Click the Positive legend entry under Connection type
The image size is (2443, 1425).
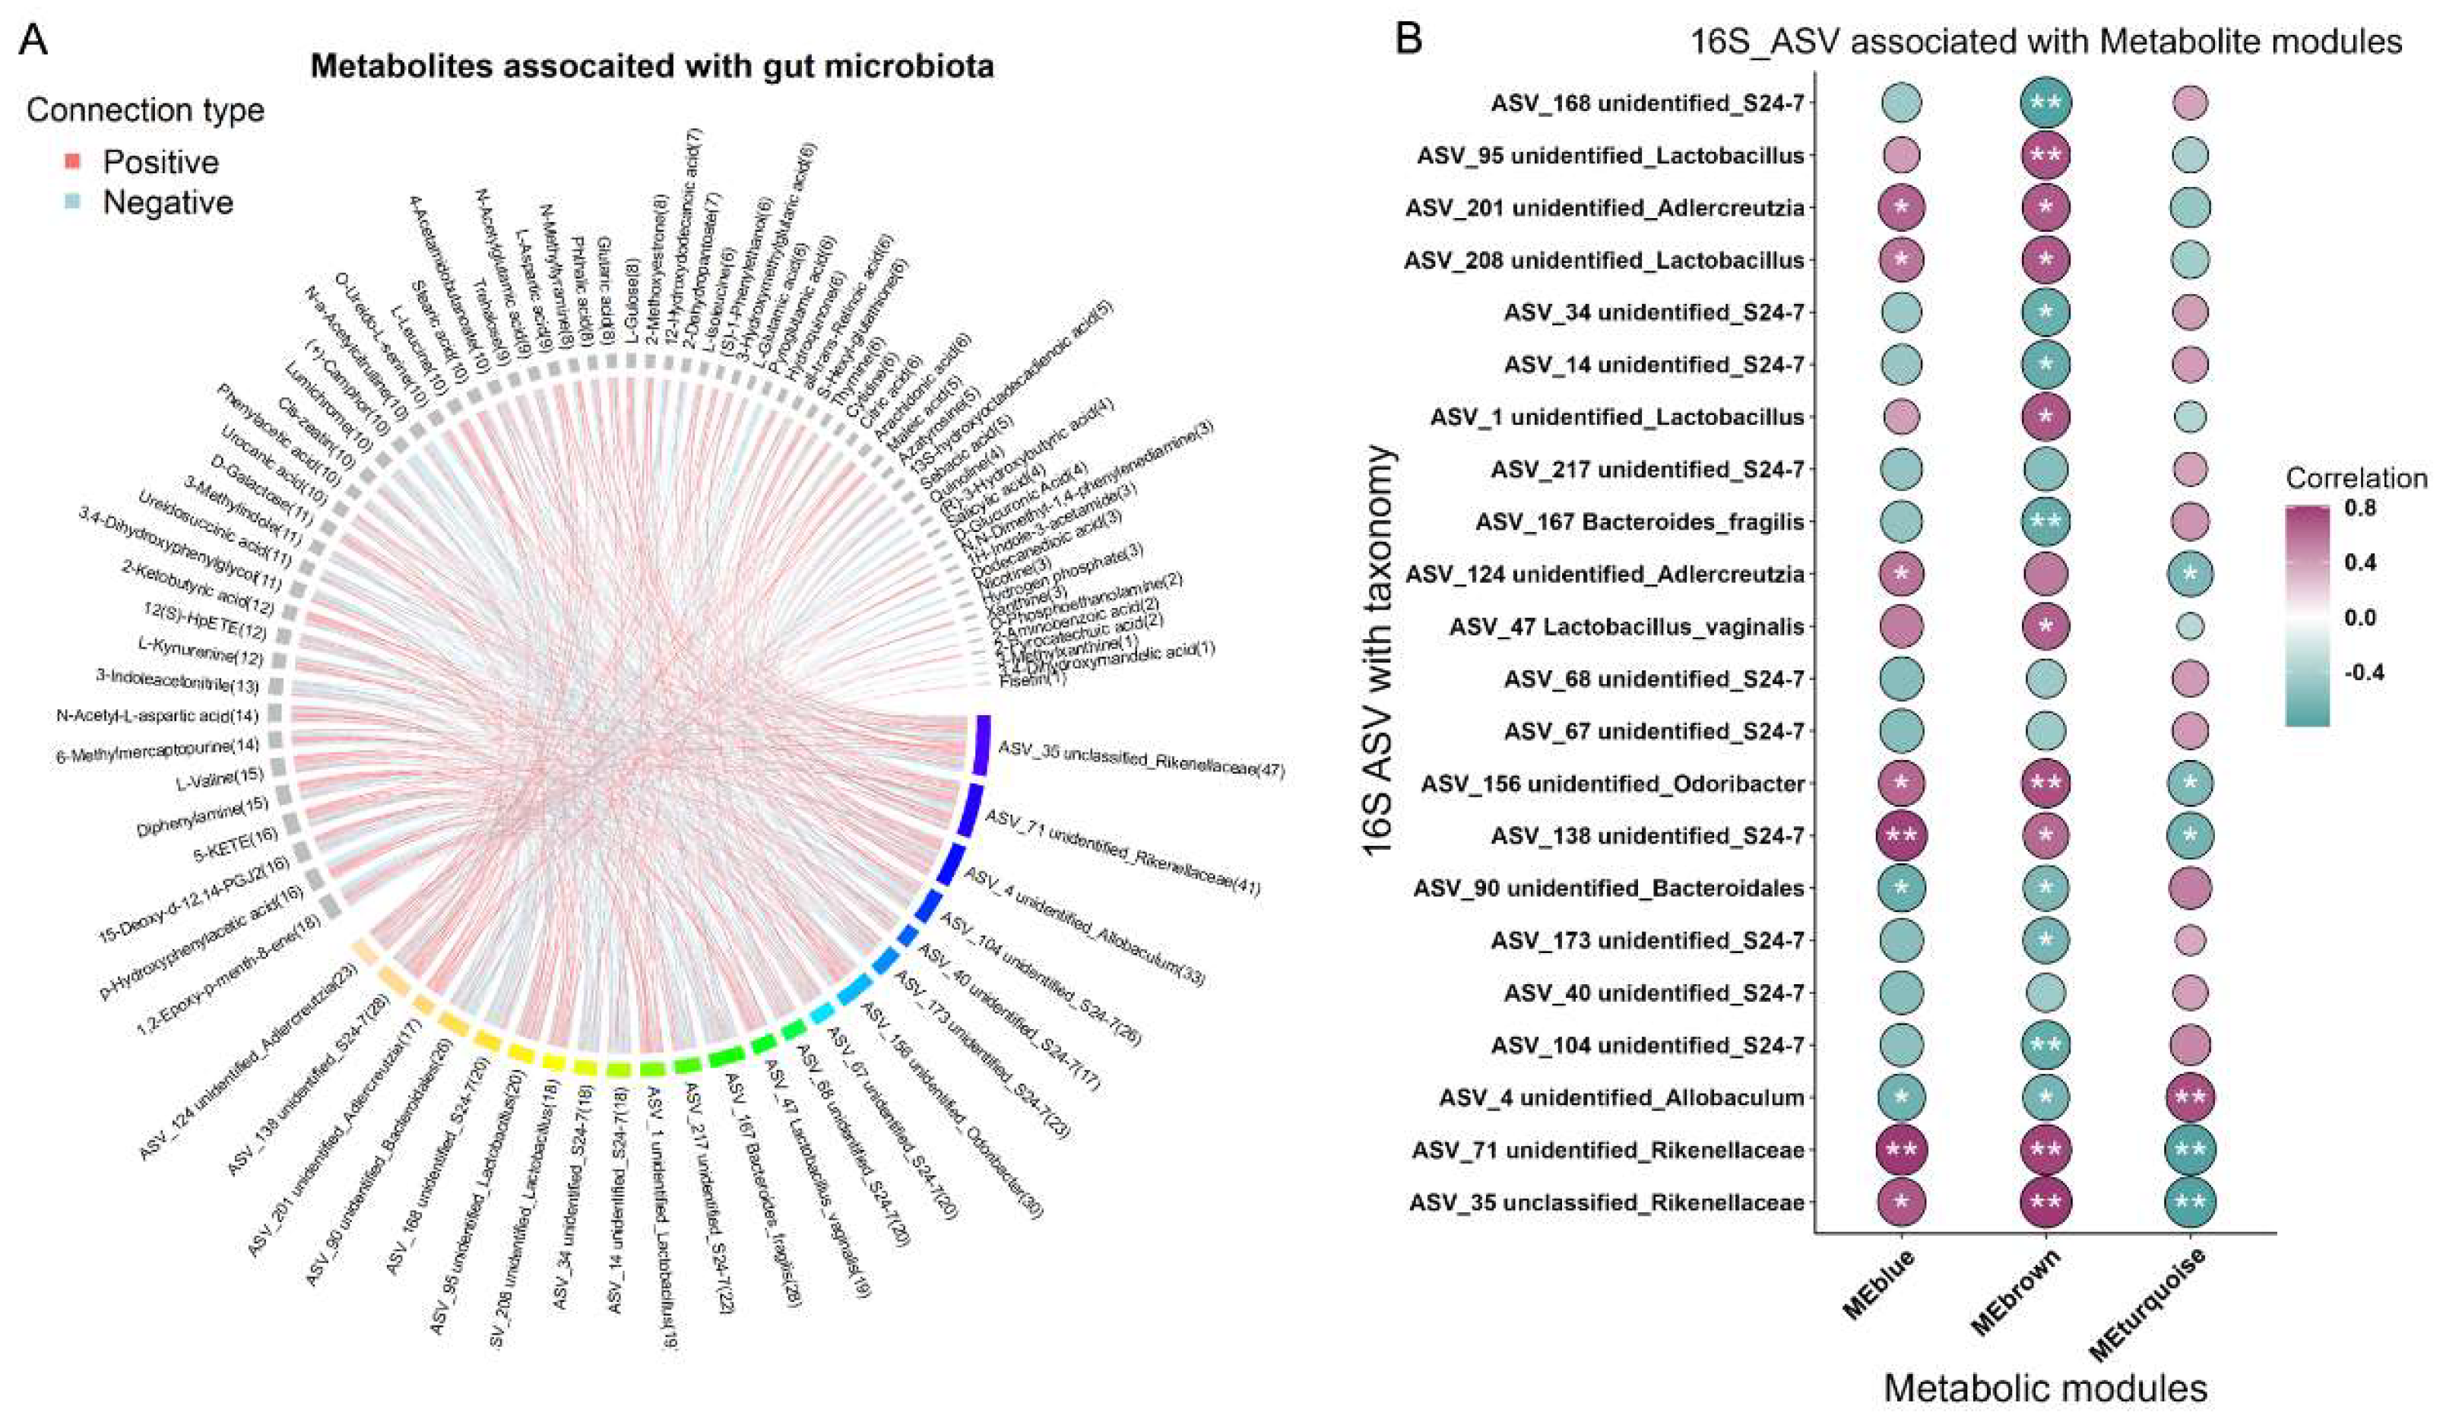[x=160, y=162]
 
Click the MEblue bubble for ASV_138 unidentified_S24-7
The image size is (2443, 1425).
[x=1901, y=835]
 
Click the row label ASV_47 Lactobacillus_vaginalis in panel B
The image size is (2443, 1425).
[x=1626, y=627]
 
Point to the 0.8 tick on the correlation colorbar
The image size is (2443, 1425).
[x=2361, y=507]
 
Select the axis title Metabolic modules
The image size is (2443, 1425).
[x=2045, y=1389]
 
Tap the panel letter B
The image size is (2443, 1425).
[x=1408, y=39]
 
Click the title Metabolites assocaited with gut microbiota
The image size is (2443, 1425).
[x=651, y=66]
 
